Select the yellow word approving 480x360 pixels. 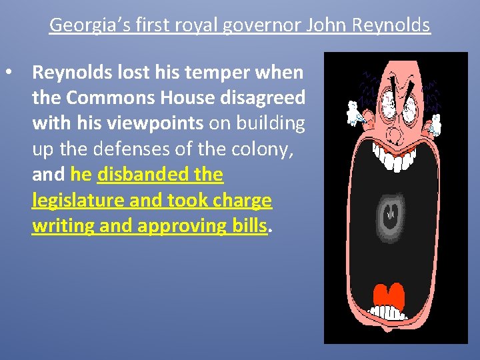[x=193, y=225]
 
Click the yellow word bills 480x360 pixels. [x=248, y=225]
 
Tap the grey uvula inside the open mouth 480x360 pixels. [x=390, y=215]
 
